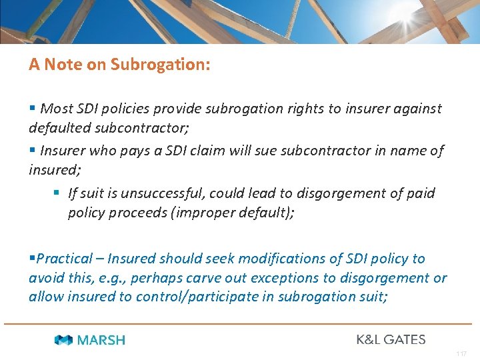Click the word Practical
click(x=64, y=259)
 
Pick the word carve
click(x=185, y=277)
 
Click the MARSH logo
click(x=90, y=340)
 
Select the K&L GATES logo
click(x=391, y=339)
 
